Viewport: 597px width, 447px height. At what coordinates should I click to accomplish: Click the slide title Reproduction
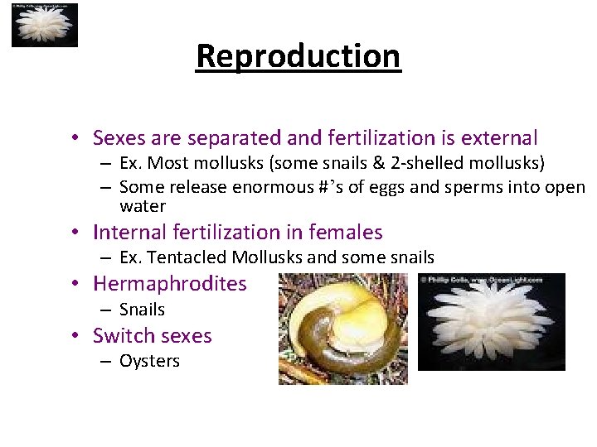pyautogui.click(x=298, y=56)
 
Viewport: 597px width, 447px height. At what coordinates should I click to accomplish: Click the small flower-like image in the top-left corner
pyautogui.click(x=44, y=25)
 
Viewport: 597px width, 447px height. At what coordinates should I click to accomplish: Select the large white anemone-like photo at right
pyautogui.click(x=491, y=322)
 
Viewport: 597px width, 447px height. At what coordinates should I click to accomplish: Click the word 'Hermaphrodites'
pyautogui.click(x=170, y=284)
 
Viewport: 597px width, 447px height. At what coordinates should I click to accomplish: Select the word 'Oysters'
pyautogui.click(x=149, y=361)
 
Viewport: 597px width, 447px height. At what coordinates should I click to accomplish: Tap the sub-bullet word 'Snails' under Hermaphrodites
pyautogui.click(x=142, y=310)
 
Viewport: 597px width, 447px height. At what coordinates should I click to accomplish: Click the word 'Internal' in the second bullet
pyautogui.click(x=128, y=232)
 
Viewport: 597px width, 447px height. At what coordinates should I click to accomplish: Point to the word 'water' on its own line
pyautogui.click(x=143, y=206)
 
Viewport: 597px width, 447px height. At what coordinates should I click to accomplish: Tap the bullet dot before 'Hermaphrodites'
pyautogui.click(x=75, y=284)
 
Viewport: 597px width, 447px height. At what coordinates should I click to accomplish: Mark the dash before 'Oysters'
pyautogui.click(x=106, y=361)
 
